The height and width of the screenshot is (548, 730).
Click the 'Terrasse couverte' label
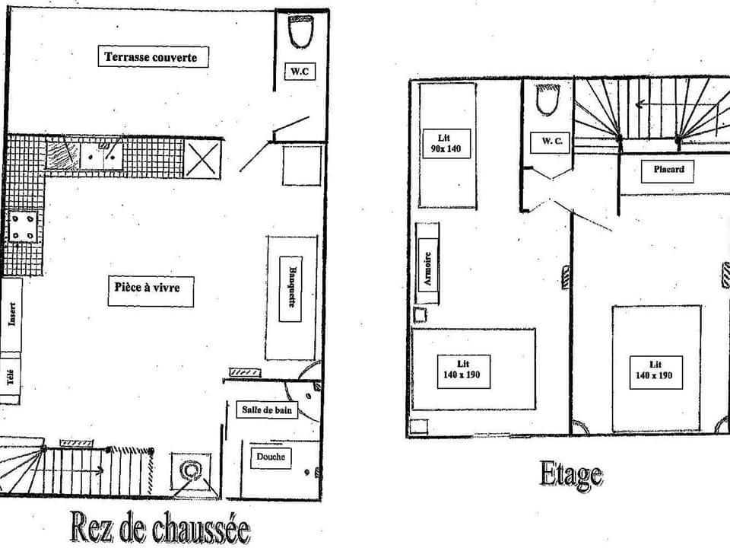tap(152, 57)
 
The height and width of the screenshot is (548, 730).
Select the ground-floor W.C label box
tap(300, 72)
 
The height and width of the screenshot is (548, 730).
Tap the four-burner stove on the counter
tap(22, 227)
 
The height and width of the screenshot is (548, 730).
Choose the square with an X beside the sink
tap(202, 158)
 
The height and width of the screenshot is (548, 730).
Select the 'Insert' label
tap(12, 314)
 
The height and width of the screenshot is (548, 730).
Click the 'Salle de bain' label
tap(266, 410)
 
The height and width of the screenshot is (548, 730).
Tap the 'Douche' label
tap(271, 457)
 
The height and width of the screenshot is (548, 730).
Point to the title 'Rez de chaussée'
tap(160, 527)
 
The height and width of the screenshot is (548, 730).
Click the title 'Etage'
tap(571, 475)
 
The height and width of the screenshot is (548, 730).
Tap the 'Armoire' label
tap(428, 268)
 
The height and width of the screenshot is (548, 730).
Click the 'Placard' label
tap(668, 169)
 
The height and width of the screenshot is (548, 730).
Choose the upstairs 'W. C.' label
tap(551, 141)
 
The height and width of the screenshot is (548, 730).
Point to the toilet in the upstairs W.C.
tap(547, 100)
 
